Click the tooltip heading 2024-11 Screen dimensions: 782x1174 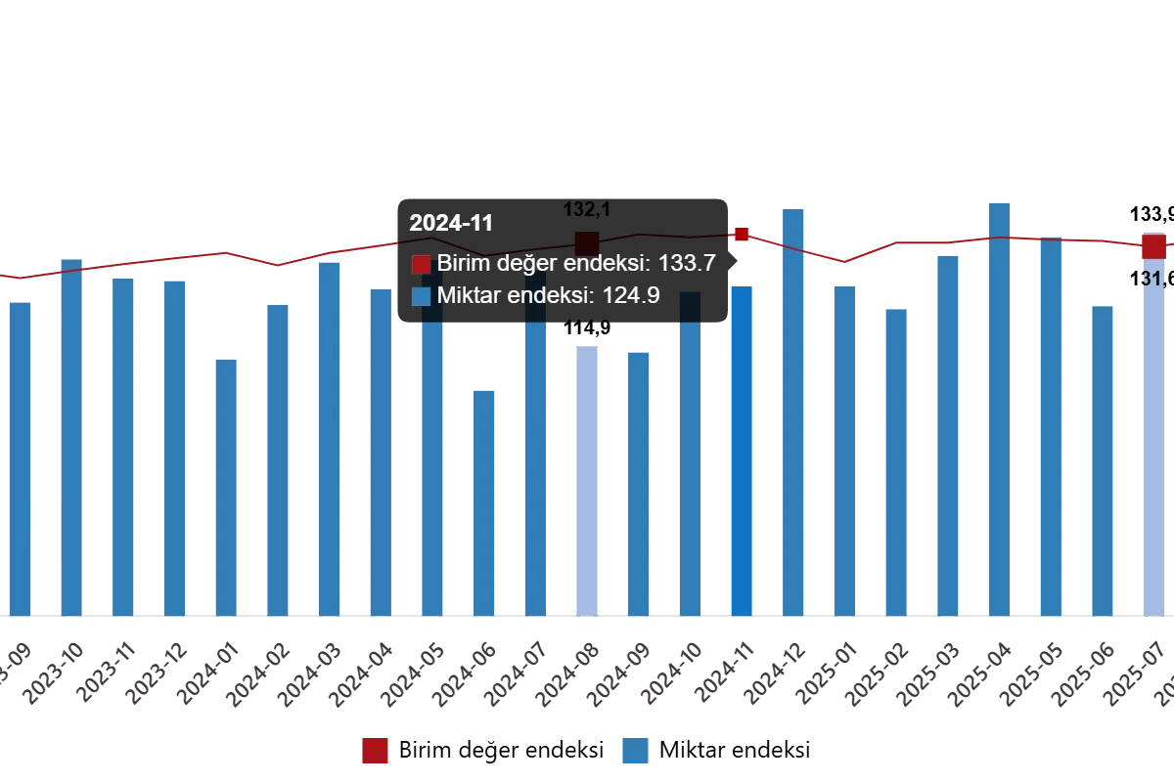pos(451,223)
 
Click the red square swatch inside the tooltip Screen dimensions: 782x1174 pos(421,265)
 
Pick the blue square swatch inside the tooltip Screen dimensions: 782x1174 pos(421,296)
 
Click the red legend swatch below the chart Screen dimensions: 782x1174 pos(376,751)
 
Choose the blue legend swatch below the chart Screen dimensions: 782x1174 pos(635,751)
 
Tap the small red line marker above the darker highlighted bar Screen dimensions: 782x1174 pos(742,235)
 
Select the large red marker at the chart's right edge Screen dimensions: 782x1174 pos(1153,246)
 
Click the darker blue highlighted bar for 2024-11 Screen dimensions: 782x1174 pos(742,450)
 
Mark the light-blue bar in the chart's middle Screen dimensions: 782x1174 pos(586,479)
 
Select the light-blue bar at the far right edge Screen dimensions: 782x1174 pos(1154,440)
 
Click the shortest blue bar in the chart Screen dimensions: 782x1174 pos(484,503)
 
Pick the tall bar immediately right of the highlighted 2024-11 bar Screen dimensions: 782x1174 pos(793,411)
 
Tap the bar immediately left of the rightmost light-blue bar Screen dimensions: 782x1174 pos(1103,459)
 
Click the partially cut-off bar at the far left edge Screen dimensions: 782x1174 pos(20,459)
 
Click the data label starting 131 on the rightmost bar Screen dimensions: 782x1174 pos(1150,279)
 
